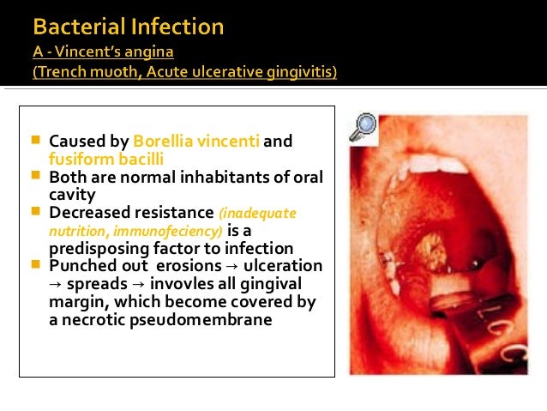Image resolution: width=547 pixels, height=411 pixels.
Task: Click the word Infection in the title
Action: coord(182,27)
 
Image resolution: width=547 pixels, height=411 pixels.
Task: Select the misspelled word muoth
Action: coord(112,73)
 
